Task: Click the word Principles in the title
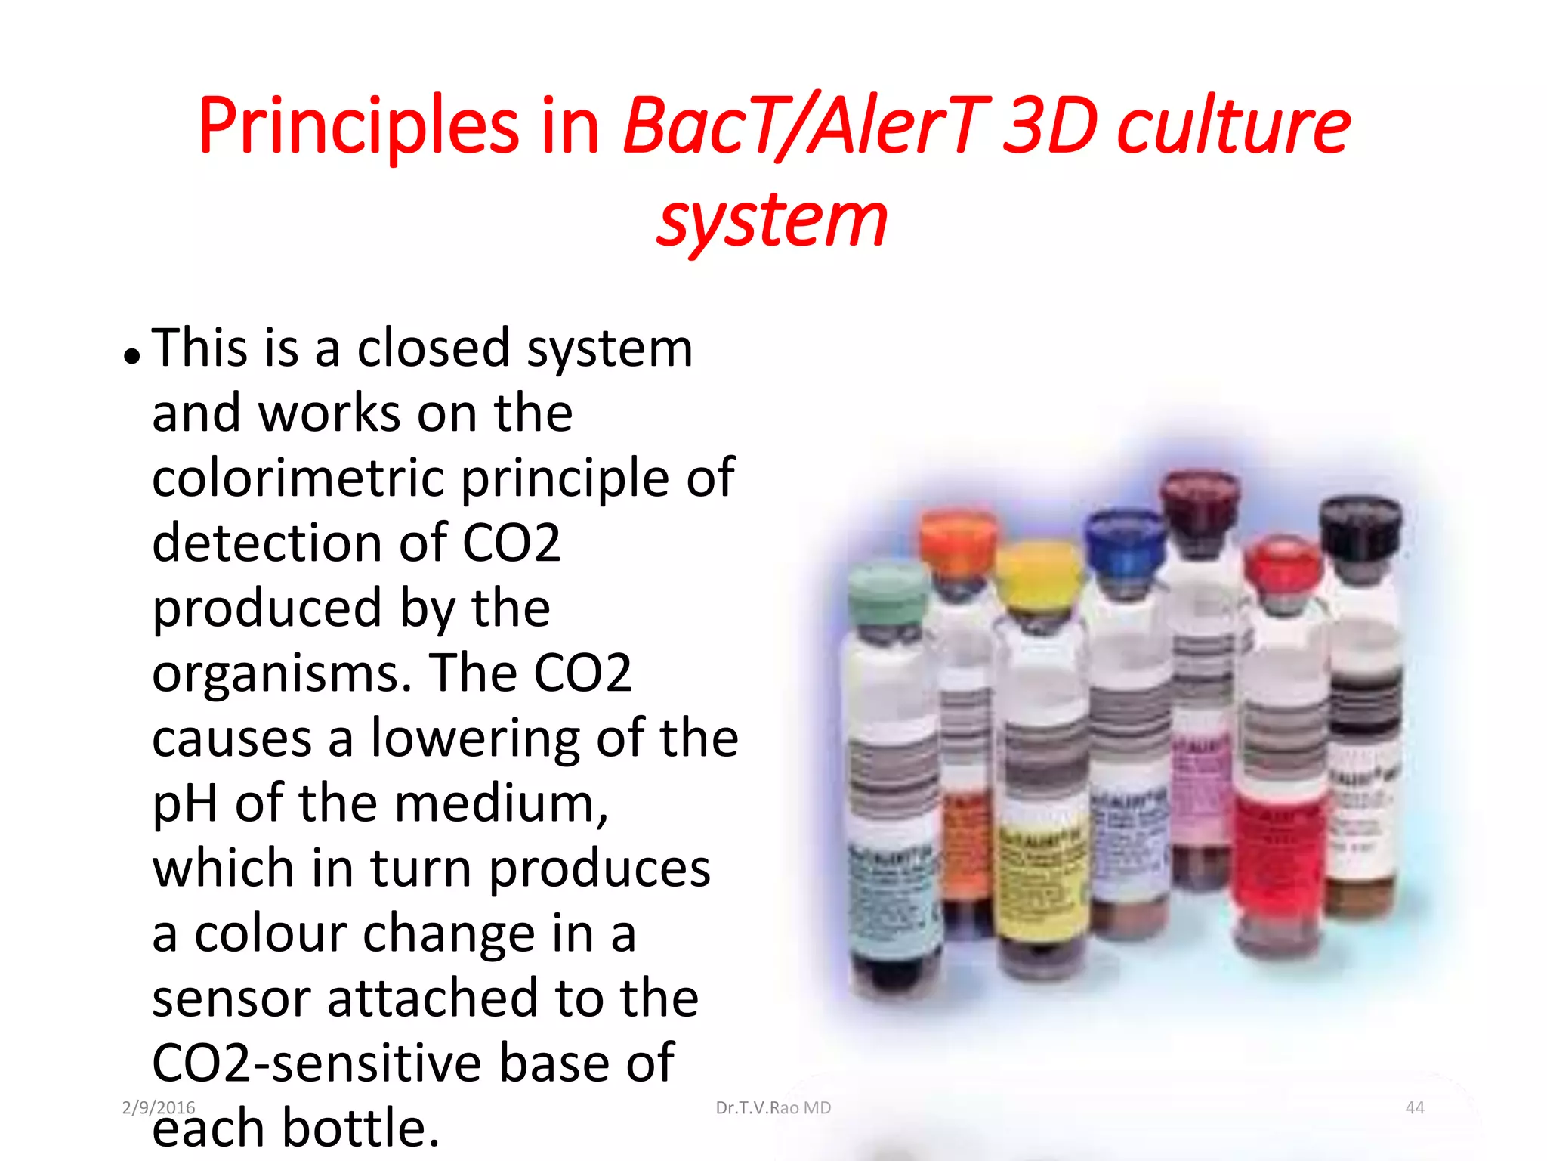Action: tap(359, 125)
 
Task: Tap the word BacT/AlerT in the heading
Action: tap(804, 125)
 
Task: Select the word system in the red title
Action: tap(771, 220)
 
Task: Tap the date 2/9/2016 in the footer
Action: tap(159, 1107)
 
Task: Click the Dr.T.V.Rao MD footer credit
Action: tap(773, 1107)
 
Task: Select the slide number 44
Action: tap(1414, 1107)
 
